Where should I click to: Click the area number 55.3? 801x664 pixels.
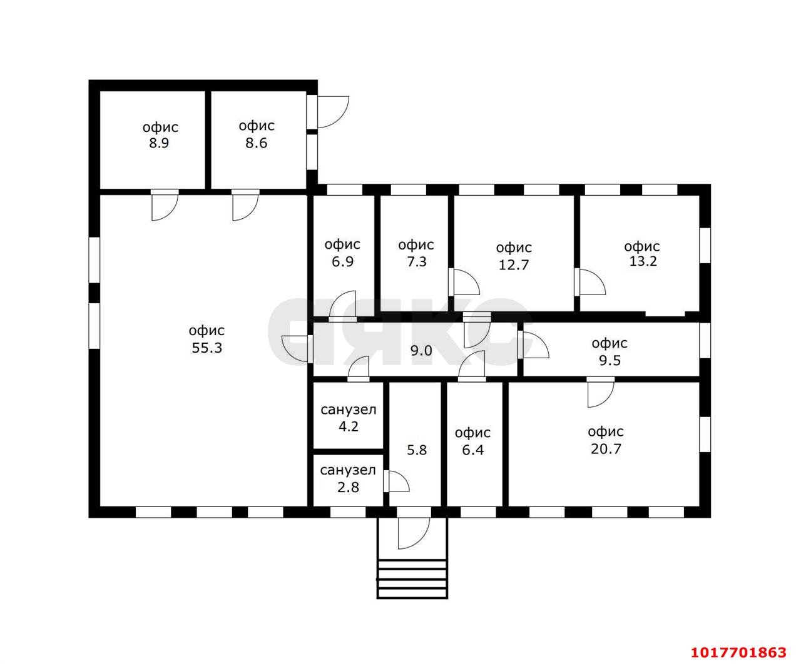(x=207, y=348)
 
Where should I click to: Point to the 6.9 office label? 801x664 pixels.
(x=342, y=253)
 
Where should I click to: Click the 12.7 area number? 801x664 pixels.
(x=514, y=265)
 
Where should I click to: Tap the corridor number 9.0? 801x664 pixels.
(x=421, y=350)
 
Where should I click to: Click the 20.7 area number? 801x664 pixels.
(x=606, y=448)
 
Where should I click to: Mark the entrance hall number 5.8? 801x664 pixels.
(x=417, y=450)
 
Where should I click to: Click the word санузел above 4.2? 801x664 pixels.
(x=349, y=410)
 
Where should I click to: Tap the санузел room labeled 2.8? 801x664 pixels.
(x=348, y=479)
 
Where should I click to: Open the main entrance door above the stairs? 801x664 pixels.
(x=414, y=528)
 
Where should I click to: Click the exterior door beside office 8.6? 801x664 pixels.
(x=328, y=112)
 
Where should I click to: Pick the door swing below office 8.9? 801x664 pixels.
(x=165, y=205)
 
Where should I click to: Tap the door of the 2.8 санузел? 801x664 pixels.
(x=397, y=481)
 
